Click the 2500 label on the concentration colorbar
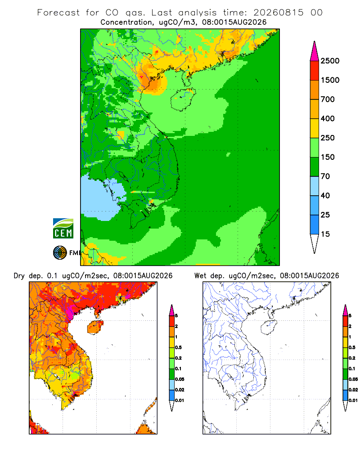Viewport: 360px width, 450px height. tap(330, 61)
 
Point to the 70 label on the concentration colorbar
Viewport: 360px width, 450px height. tap(325, 176)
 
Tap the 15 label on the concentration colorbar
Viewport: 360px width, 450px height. tap(325, 234)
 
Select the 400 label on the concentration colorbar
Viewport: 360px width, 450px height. tap(328, 118)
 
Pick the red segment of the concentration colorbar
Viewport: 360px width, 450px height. tap(315, 71)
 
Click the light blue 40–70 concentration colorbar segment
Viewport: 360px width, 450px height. tap(315, 186)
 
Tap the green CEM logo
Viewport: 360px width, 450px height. tap(63, 229)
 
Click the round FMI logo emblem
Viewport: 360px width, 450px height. tap(60, 253)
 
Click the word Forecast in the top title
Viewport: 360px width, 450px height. tap(58, 13)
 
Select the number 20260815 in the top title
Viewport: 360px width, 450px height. tap(278, 13)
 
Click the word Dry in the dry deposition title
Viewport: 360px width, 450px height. tap(19, 276)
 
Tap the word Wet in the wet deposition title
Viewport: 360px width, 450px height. tap(200, 276)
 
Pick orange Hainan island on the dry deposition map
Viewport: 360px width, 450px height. tap(95, 327)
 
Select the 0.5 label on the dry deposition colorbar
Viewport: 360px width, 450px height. tap(178, 347)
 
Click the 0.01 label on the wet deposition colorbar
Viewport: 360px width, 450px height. tap(353, 400)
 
